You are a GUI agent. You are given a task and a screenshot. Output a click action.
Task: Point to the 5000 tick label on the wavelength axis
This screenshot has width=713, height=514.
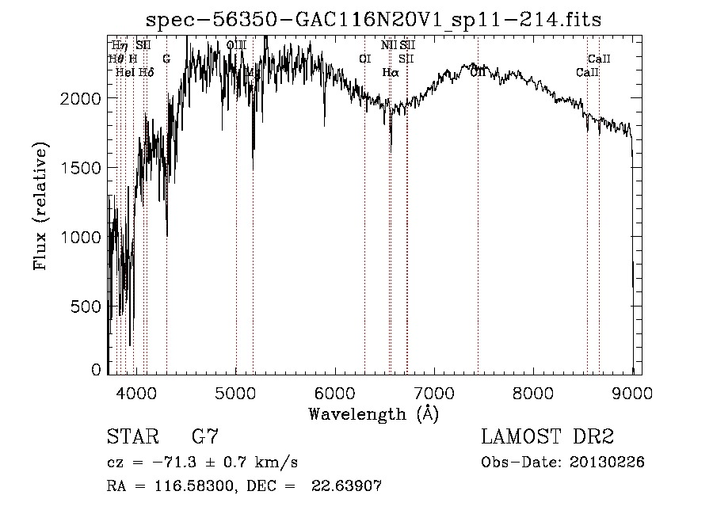(236, 392)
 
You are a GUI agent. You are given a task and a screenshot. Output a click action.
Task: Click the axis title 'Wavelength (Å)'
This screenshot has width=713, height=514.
(373, 413)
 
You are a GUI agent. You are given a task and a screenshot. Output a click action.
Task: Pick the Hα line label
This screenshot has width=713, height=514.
(390, 72)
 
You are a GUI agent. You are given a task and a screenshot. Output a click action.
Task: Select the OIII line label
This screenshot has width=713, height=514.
(236, 45)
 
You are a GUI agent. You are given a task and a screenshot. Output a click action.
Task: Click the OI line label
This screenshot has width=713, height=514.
(364, 59)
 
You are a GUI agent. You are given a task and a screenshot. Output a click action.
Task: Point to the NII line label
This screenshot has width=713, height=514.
(388, 45)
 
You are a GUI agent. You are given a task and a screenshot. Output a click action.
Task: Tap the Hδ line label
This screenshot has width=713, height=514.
(146, 72)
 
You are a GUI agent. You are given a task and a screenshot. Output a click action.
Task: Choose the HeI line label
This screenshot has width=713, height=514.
(124, 72)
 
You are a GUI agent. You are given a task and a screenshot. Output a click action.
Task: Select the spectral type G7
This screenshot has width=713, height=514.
(204, 437)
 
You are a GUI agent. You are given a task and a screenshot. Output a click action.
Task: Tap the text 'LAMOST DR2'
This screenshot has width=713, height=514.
(547, 437)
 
